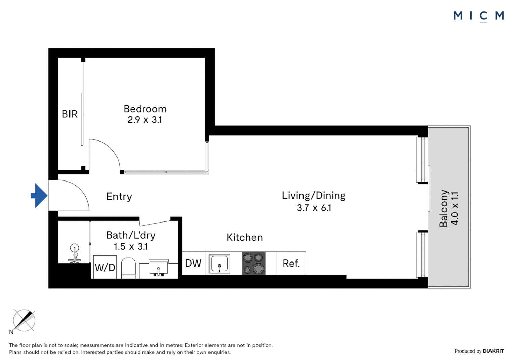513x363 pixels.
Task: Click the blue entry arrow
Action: point(39,196)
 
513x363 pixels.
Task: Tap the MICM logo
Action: point(478,16)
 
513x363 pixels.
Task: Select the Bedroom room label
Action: point(145,109)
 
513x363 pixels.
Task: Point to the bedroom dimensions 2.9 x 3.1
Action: point(145,120)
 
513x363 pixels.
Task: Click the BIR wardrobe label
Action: point(70,114)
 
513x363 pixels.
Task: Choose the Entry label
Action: point(119,197)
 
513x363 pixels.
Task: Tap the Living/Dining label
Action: point(314,196)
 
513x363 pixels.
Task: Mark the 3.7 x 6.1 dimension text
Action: point(314,208)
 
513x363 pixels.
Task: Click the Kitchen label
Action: point(244,238)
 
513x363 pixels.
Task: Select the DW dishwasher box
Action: point(193,263)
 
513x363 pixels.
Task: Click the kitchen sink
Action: point(220,264)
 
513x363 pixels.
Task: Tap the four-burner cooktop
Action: point(253,263)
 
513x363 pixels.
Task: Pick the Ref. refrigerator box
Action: point(291,264)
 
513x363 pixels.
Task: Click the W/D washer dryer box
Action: point(105,268)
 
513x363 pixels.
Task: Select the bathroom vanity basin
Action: point(158,268)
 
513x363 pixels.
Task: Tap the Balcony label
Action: point(444,208)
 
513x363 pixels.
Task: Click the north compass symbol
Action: point(24,321)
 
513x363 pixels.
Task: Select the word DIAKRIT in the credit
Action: point(493,351)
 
